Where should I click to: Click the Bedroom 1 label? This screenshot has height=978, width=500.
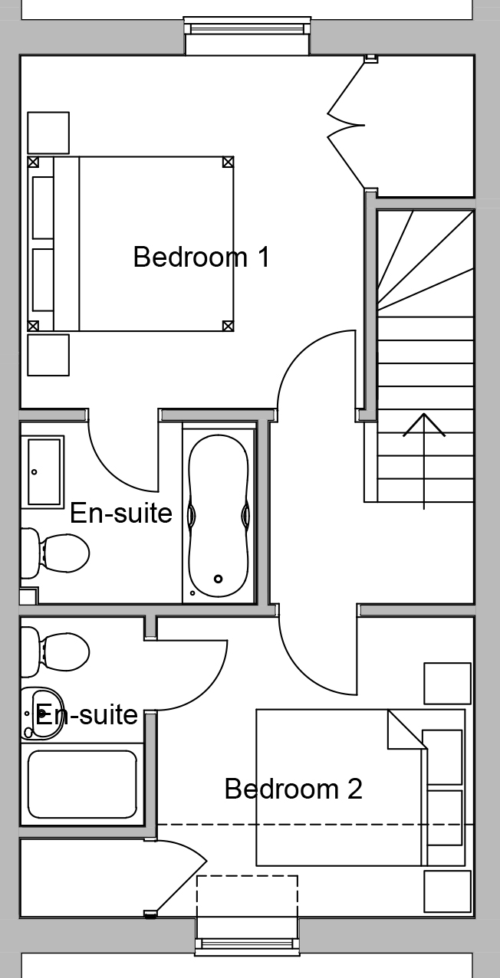coord(202,257)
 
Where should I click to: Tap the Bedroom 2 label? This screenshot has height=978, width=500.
coord(294,789)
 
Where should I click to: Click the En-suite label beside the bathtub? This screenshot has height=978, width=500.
coord(121,513)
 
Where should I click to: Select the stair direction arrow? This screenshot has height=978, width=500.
coord(424,461)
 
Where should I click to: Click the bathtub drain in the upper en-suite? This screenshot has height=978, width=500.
coord(218,579)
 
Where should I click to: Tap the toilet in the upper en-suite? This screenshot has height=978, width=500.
coord(54,553)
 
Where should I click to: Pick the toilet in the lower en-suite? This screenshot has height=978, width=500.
coord(54,651)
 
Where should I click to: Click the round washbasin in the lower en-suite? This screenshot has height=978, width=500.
coord(41,714)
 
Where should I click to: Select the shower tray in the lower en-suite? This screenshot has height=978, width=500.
coord(82,784)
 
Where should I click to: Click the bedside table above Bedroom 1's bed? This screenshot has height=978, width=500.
coord(48,133)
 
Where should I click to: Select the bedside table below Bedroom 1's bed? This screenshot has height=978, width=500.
coord(48,355)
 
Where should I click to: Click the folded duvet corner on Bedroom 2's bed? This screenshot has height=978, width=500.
coord(407,729)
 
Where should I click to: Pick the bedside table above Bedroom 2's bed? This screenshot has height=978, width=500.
coord(448,683)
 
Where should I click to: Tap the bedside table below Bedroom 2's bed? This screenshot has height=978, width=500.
coord(448,891)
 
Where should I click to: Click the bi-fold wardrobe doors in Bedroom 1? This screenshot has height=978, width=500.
coord(347,125)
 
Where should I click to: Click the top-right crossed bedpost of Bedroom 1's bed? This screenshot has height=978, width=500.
coord(228,162)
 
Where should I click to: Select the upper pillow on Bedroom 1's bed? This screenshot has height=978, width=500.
coord(43,208)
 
